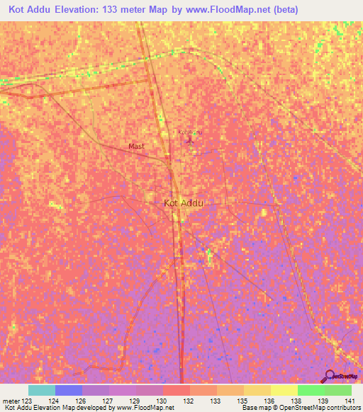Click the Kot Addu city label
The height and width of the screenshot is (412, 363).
184,203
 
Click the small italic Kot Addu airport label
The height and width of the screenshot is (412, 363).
189,132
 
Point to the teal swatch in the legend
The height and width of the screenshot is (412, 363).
42,390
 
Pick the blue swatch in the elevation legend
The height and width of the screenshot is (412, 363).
69,390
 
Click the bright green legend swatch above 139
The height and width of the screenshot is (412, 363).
311,390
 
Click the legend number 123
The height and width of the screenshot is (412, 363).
28,401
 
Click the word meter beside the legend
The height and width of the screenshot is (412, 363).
11,401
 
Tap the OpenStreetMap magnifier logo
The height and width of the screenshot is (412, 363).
330,375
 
